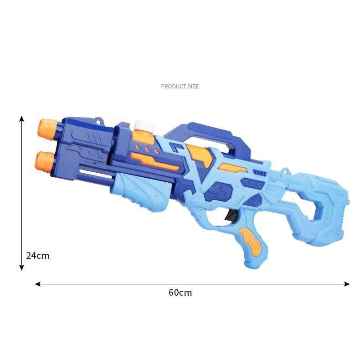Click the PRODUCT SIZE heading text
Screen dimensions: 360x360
click(180, 86)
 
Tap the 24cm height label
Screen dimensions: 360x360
click(38, 256)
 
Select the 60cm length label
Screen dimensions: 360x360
click(180, 293)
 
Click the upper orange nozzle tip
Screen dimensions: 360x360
click(47, 129)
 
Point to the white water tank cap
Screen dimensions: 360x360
click(145, 126)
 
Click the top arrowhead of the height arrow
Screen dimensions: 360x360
click(21, 118)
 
